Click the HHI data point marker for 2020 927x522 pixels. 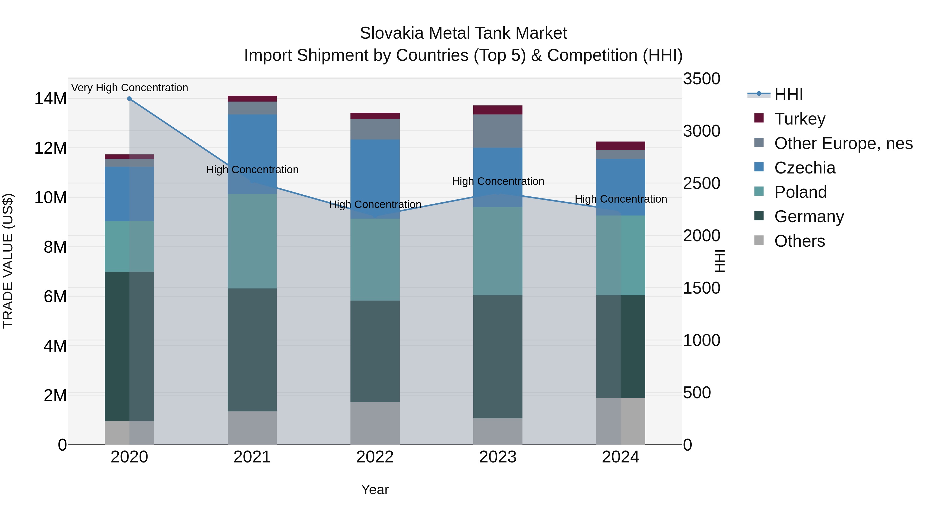[x=129, y=99]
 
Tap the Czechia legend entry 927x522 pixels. [x=804, y=168]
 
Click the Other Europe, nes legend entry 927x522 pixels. [x=843, y=143]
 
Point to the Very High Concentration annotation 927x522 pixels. [x=130, y=88]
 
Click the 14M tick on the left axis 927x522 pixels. [x=50, y=99]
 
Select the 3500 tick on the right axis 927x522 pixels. [x=701, y=79]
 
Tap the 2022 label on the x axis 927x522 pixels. [x=375, y=457]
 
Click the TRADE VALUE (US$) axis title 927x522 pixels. [x=8, y=261]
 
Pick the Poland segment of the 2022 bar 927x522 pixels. [x=375, y=259]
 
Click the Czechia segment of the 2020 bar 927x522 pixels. [x=129, y=194]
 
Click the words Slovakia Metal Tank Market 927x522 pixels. [x=463, y=34]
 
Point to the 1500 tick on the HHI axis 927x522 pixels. [x=701, y=288]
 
